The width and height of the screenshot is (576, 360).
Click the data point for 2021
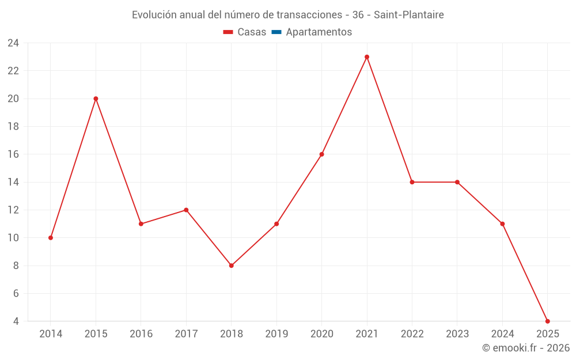click(367, 57)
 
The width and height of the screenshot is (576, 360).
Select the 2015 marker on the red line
click(96, 98)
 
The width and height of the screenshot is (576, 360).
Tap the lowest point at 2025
click(547, 321)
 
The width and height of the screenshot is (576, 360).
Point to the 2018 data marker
click(231, 266)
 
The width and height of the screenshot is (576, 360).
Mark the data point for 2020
click(321, 154)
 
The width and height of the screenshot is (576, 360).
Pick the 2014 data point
click(51, 238)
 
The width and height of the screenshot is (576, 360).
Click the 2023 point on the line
click(457, 182)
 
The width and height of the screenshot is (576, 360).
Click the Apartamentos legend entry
click(319, 32)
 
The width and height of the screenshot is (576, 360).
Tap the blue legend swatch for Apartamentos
click(276, 32)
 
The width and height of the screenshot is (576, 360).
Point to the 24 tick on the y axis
click(13, 43)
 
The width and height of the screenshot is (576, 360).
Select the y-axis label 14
click(13, 182)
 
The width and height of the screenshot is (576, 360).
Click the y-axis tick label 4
click(16, 321)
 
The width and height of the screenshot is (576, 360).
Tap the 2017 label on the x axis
click(186, 334)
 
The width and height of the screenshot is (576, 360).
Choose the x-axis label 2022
click(412, 334)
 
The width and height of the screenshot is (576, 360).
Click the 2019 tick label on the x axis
click(276, 334)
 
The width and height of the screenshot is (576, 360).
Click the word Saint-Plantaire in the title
click(408, 15)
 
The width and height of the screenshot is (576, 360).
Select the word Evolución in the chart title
click(154, 15)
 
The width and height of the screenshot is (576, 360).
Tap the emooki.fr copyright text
click(525, 348)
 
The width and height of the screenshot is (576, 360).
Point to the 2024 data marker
click(502, 224)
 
